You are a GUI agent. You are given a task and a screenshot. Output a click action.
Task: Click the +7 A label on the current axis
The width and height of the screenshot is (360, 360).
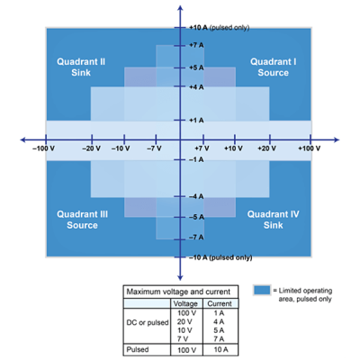196,45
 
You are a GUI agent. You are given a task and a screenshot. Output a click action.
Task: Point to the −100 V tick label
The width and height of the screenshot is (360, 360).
43,148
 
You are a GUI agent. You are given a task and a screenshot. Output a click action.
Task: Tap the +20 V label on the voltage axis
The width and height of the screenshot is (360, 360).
266,148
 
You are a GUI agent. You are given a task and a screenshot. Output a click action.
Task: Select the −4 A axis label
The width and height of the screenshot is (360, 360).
196,196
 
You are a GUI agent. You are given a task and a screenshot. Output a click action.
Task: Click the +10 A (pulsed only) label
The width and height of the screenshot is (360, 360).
219,28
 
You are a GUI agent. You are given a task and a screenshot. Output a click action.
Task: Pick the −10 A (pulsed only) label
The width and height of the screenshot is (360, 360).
220,257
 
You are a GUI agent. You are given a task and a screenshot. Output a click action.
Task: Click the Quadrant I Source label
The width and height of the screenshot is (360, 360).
274,67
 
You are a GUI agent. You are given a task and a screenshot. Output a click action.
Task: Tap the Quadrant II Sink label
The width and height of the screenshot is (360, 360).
81,67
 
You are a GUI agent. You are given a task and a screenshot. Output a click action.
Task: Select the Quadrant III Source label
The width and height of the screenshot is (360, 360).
82,220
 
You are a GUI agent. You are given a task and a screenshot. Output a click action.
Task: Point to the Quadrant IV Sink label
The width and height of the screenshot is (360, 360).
274,220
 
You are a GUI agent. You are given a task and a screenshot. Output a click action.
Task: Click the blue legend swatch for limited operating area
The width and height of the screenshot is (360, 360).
262,291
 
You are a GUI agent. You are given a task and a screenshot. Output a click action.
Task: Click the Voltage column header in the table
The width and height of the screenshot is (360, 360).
185,303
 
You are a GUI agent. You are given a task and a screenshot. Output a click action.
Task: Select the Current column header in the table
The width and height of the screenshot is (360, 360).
220,303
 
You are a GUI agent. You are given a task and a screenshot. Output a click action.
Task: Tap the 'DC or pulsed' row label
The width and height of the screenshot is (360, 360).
148,323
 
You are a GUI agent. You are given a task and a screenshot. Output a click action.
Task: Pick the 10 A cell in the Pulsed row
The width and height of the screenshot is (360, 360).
220,349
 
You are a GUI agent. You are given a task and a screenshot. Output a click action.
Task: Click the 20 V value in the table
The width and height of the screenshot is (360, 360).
184,322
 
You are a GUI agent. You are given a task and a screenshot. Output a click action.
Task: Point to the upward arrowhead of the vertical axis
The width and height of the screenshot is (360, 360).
180,8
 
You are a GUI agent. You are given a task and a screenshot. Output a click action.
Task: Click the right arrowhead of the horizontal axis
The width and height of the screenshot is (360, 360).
337,139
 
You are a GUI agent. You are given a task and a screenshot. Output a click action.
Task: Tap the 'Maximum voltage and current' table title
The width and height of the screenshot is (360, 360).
178,292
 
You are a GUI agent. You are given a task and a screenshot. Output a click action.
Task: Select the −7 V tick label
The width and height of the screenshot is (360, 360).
154,148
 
